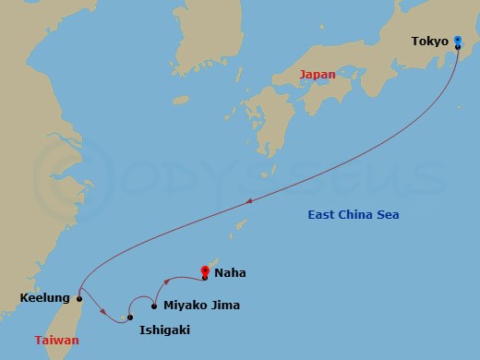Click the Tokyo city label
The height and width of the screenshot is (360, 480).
coord(430,42)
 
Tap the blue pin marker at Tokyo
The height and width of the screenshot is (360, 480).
coord(459,40)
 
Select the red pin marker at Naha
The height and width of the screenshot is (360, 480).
coord(204,271)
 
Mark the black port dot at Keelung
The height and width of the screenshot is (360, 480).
coord(79,299)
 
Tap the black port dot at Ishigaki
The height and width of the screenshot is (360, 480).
coord(130,318)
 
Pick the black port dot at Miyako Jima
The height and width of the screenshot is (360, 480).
coord(154,305)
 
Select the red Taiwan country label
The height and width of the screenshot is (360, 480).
coord(56,341)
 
